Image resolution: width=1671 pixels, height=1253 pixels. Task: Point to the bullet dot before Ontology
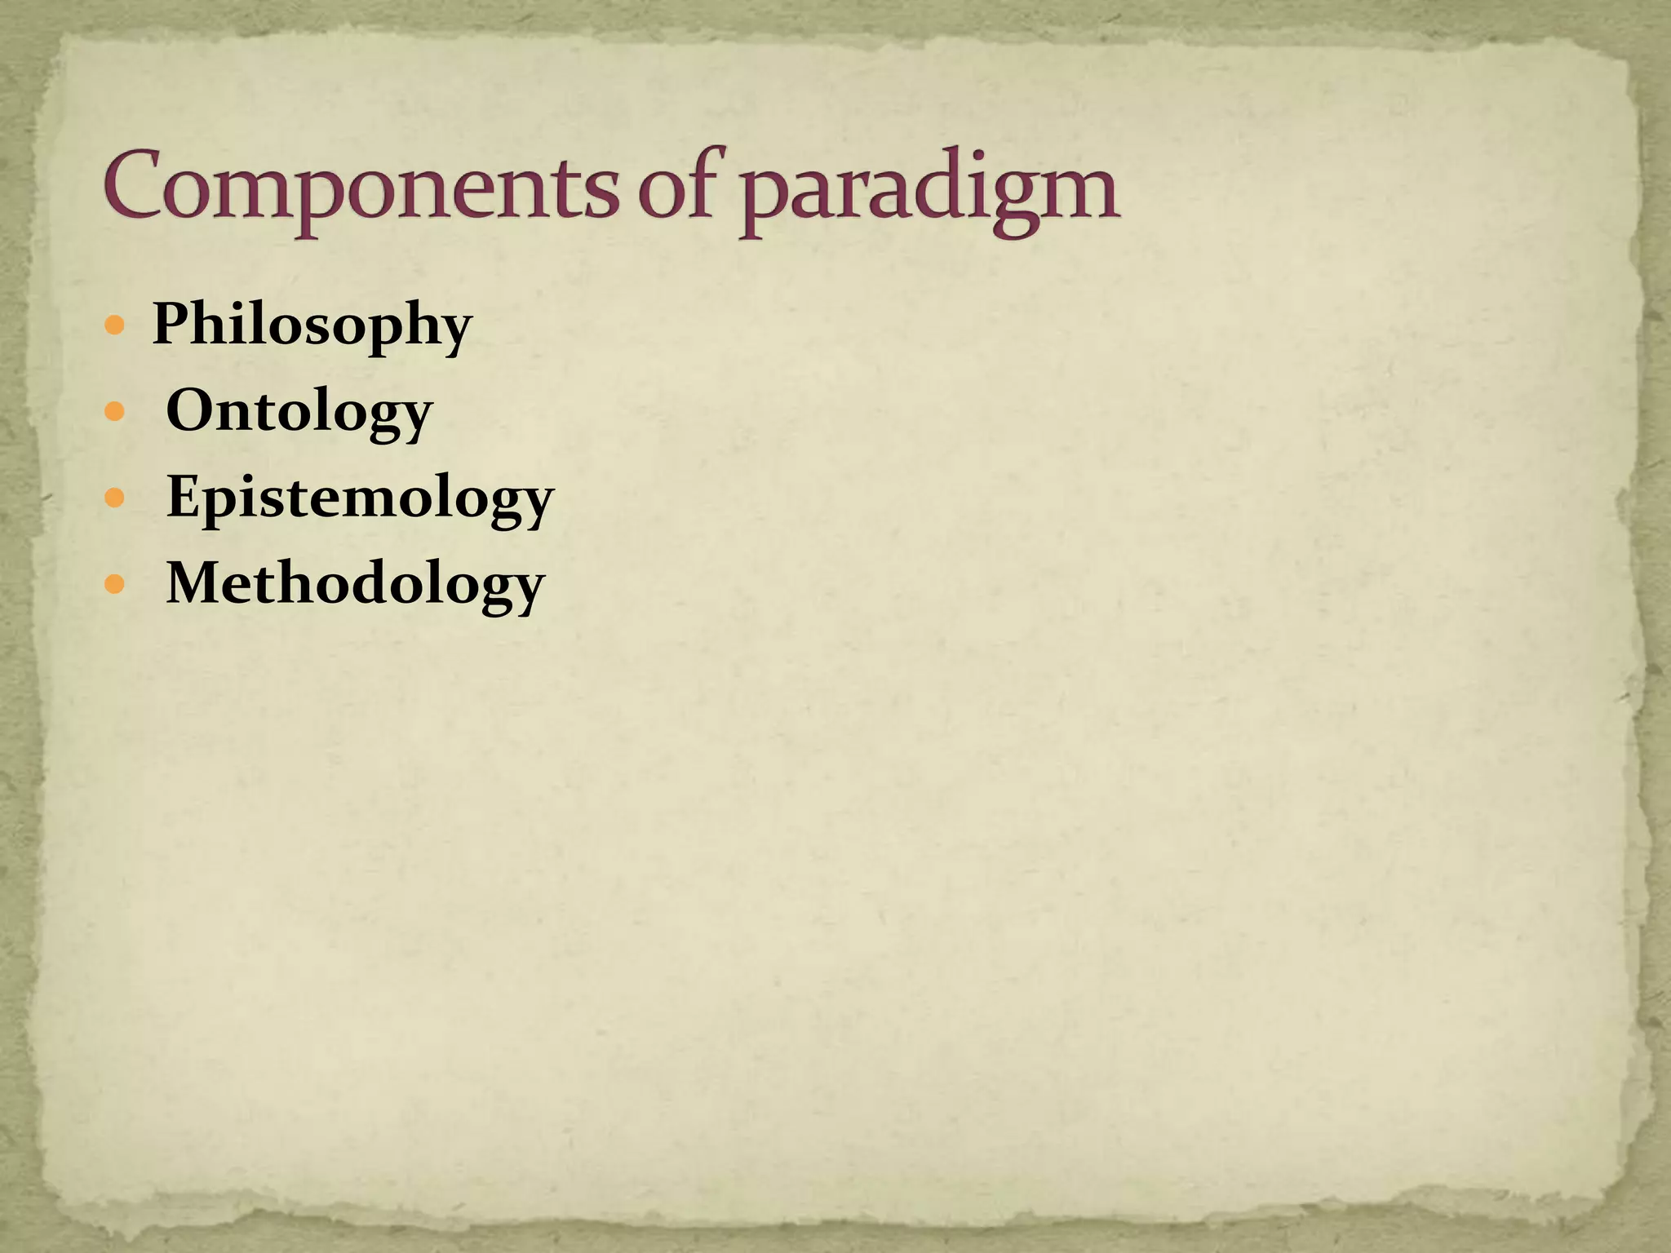[x=116, y=412]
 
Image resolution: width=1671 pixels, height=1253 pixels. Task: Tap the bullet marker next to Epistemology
[x=116, y=498]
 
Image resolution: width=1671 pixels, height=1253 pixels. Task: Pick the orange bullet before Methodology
[x=116, y=584]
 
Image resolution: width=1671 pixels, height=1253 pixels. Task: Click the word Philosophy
[x=312, y=325]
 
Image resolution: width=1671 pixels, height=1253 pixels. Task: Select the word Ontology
[x=299, y=412]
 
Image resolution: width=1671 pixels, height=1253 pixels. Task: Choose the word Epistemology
[x=360, y=498]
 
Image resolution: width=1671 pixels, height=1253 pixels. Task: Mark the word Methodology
[x=355, y=584]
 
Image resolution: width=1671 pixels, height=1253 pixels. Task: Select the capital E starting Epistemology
[x=184, y=495]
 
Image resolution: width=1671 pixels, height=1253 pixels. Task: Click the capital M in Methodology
[x=195, y=582]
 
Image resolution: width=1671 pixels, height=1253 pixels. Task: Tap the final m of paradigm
[x=1078, y=194]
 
